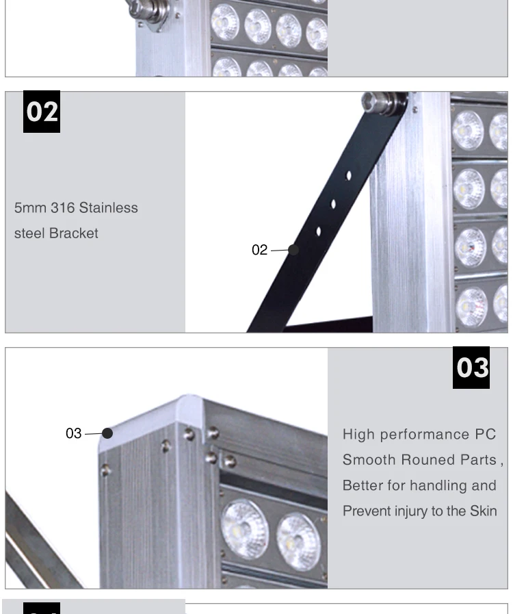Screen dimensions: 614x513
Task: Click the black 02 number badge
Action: (x=42, y=112)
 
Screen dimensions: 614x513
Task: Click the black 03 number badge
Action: (x=471, y=368)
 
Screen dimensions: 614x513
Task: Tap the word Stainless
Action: (x=108, y=207)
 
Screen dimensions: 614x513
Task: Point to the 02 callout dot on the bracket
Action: (x=293, y=250)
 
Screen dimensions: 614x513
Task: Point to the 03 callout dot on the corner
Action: (x=107, y=433)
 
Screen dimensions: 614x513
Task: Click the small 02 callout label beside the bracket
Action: (x=259, y=250)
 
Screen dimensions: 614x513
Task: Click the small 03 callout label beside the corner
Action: (x=73, y=433)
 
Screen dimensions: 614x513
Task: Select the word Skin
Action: (x=483, y=511)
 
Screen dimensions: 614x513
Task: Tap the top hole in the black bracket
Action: (x=349, y=176)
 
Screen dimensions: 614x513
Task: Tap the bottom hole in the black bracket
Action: (x=319, y=232)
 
